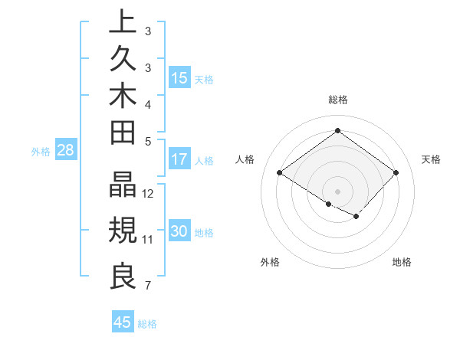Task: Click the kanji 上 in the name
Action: [122, 21]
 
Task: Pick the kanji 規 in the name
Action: [122, 230]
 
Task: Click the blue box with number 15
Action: [179, 77]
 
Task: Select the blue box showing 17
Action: [179, 159]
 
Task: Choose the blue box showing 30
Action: [179, 231]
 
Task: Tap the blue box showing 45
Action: [123, 322]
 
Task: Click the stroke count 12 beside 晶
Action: [149, 193]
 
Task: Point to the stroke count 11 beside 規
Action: [149, 239]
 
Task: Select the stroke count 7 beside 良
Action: [147, 286]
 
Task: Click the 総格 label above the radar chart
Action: [337, 100]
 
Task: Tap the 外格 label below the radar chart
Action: [270, 262]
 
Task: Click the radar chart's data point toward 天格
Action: [396, 173]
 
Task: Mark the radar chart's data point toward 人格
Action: [280, 173]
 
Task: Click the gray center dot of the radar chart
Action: [337, 191]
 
